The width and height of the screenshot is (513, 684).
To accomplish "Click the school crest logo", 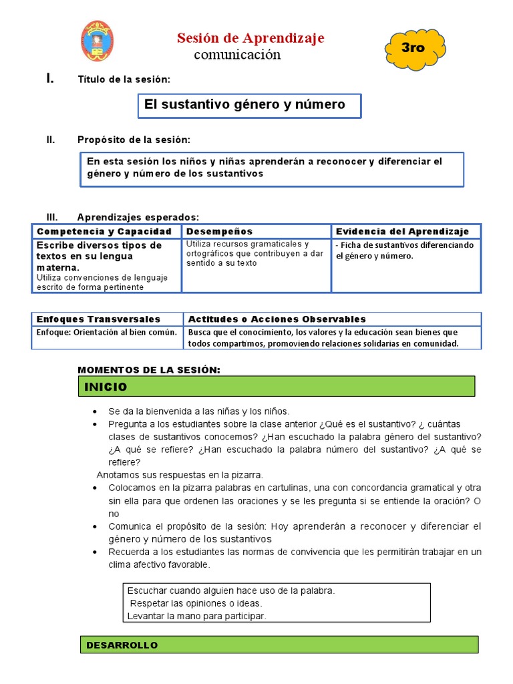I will [x=97, y=41].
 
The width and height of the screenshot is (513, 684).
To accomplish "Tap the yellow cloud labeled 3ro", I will [x=414, y=48].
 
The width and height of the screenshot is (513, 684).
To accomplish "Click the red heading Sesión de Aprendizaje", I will [x=250, y=38].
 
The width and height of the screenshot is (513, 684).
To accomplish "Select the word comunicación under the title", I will [x=237, y=55].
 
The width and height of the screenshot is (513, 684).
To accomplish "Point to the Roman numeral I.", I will [x=49, y=79].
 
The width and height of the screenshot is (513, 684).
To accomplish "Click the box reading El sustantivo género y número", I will [x=249, y=105].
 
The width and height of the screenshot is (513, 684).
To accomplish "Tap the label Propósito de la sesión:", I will [x=134, y=140].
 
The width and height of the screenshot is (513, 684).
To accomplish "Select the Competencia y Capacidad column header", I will [x=105, y=231].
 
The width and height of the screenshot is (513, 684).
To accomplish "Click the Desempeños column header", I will [x=220, y=231].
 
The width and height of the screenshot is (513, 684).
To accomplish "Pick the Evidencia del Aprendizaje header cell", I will [x=403, y=231].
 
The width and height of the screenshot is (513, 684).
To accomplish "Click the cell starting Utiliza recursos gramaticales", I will [x=255, y=254].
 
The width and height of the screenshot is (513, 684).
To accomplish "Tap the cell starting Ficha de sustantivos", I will [x=405, y=250].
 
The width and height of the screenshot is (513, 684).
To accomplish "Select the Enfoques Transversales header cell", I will [x=99, y=319].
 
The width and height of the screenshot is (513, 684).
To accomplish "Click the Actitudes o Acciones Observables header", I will [x=277, y=319].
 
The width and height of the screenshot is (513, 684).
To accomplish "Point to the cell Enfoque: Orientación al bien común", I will [x=107, y=332].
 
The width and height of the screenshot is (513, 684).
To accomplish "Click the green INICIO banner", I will [x=277, y=387].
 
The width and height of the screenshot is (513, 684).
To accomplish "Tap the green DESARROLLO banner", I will [x=279, y=645].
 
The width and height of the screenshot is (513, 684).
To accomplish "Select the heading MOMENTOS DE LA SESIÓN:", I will [x=149, y=370].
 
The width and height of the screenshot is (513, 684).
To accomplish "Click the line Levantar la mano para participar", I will [x=196, y=616].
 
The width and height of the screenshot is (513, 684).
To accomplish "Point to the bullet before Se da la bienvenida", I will [x=97, y=411].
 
